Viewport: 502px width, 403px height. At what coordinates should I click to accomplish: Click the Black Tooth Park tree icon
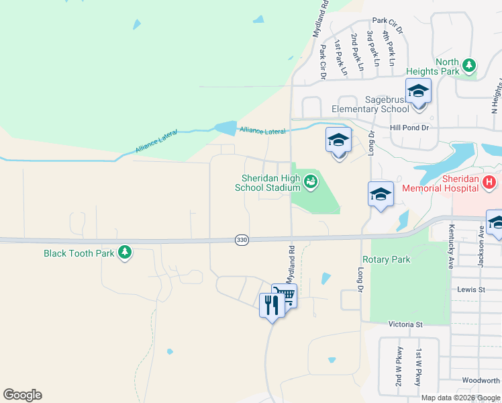pos(124,253)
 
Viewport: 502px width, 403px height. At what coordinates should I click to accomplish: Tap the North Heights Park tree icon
pos(470,66)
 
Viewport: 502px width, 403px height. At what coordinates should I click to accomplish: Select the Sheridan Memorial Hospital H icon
pos(489,181)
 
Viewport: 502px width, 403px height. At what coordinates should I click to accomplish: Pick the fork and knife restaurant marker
pos(272,306)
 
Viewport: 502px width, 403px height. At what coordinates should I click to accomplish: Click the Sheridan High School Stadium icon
pos(310,180)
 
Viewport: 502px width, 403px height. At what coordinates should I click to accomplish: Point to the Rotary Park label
pos(386,259)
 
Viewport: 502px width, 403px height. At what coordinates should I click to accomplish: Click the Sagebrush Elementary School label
pos(370,104)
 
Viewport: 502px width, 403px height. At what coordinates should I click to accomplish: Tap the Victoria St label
pos(405,324)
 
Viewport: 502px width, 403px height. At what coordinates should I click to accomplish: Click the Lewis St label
pos(471,289)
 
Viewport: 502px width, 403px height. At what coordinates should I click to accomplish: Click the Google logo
pos(22,395)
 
